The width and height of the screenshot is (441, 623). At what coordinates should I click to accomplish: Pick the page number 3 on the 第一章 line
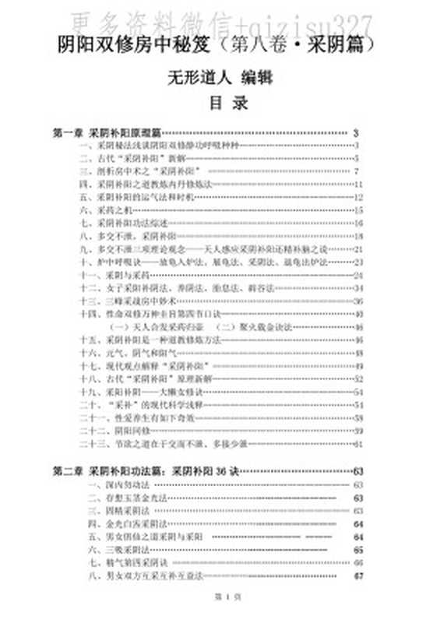(356, 133)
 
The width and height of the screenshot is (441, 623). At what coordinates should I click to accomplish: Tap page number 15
(358, 209)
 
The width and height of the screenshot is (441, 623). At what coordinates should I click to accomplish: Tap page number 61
(358, 443)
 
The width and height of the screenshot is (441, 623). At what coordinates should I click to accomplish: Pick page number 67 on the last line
(358, 576)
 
